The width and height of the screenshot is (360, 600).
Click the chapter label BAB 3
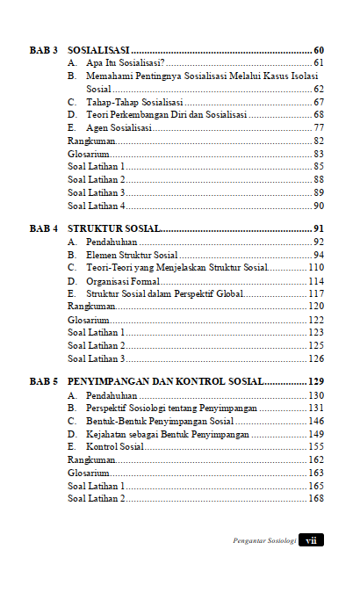coord(44,50)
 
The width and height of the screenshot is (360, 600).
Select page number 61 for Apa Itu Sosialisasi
coord(319,64)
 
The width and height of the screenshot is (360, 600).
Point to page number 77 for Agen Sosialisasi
coord(319,128)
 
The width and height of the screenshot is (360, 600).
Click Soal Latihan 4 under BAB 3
coord(96,206)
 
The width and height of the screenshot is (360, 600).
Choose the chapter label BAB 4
coord(44,229)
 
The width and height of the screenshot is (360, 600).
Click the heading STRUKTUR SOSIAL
coord(114,229)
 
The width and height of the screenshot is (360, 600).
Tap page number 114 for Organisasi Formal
coord(316,281)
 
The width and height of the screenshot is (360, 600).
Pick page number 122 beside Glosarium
coord(316,320)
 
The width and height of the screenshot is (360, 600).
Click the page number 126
coord(316,358)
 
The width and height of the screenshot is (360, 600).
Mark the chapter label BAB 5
coord(44,382)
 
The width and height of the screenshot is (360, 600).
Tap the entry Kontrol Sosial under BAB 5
coord(114,446)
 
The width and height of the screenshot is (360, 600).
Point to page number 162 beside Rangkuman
coord(316,459)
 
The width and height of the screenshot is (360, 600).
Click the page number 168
coord(316,499)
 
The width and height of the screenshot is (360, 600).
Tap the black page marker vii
coord(311,540)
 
